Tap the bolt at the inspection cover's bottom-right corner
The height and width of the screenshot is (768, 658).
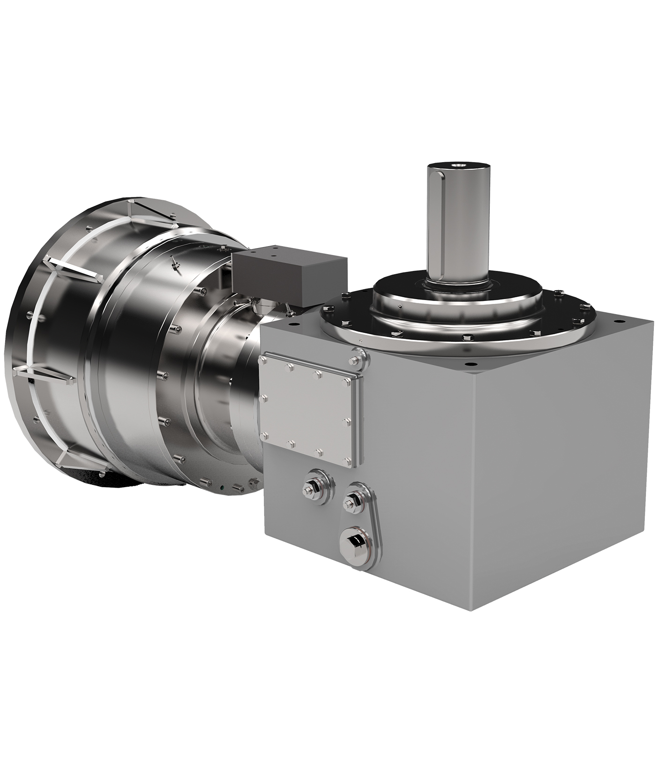point(347,462)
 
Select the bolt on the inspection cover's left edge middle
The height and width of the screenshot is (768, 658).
point(263,399)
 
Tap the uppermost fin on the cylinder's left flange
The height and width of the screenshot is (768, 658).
point(150,210)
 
